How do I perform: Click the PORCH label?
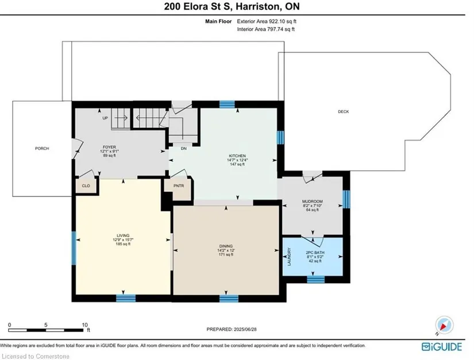click(x=42, y=148)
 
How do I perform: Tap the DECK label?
click(x=344, y=111)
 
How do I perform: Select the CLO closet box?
click(x=86, y=185)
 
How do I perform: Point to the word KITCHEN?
click(x=237, y=156)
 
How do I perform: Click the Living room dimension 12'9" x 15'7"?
click(x=123, y=240)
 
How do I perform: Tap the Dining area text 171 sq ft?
click(x=226, y=254)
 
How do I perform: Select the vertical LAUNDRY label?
click(x=290, y=257)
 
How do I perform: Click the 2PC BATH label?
click(x=315, y=253)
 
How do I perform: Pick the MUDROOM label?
click(x=313, y=202)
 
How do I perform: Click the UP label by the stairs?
click(x=105, y=118)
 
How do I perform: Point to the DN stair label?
click(x=184, y=149)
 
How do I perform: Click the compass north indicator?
click(x=444, y=326)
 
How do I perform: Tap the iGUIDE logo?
click(x=442, y=347)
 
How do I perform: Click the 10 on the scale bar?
click(x=84, y=325)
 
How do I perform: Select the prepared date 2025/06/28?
click(x=245, y=329)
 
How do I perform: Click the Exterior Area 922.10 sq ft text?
click(x=267, y=21)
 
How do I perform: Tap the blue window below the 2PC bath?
click(x=315, y=280)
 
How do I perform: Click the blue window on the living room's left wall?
click(x=74, y=248)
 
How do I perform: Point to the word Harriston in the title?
click(x=258, y=6)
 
